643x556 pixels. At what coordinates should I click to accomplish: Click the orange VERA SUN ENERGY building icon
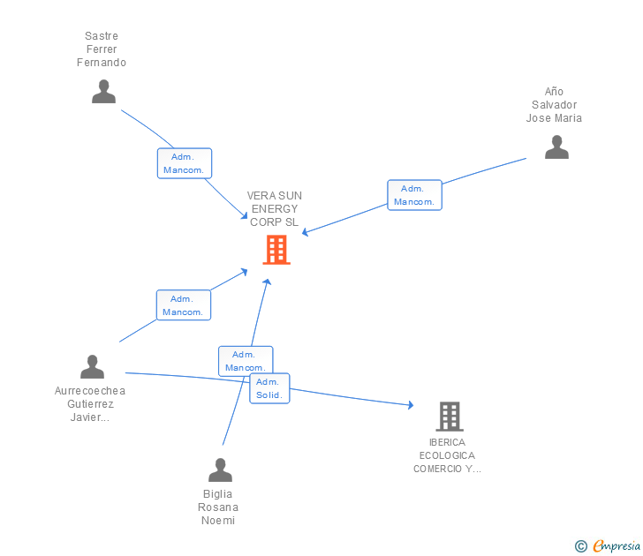[x=276, y=250]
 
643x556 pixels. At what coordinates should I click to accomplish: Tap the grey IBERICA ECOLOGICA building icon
[x=450, y=416]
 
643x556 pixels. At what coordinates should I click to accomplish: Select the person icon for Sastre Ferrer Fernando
[x=103, y=92]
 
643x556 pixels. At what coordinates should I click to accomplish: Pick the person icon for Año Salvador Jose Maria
[x=556, y=147]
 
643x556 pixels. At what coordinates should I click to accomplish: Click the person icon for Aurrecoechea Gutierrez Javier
[x=92, y=367]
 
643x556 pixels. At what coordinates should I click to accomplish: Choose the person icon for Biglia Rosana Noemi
[x=220, y=470]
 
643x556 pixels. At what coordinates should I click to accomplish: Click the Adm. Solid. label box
[x=269, y=388]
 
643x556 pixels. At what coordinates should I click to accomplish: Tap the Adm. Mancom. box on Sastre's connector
[x=185, y=163]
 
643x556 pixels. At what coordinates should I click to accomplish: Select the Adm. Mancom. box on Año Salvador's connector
[x=414, y=195]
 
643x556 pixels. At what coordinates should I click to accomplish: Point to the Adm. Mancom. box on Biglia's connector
[x=246, y=360]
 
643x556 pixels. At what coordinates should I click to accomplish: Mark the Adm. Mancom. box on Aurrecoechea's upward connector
[x=184, y=305]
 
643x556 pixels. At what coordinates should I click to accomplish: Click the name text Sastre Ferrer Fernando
[x=102, y=49]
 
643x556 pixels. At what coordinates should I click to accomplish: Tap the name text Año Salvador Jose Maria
[x=554, y=105]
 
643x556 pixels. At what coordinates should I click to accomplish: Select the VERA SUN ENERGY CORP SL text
[x=274, y=209]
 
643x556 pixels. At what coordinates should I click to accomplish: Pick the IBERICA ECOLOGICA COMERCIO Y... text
[x=447, y=455]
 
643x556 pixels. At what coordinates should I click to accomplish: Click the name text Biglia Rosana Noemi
[x=218, y=507]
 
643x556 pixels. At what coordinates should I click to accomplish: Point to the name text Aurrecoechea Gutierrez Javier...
[x=90, y=404]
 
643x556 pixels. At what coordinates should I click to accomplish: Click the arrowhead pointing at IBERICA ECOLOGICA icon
[x=410, y=405]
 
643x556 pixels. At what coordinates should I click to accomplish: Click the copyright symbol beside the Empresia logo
[x=580, y=546]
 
